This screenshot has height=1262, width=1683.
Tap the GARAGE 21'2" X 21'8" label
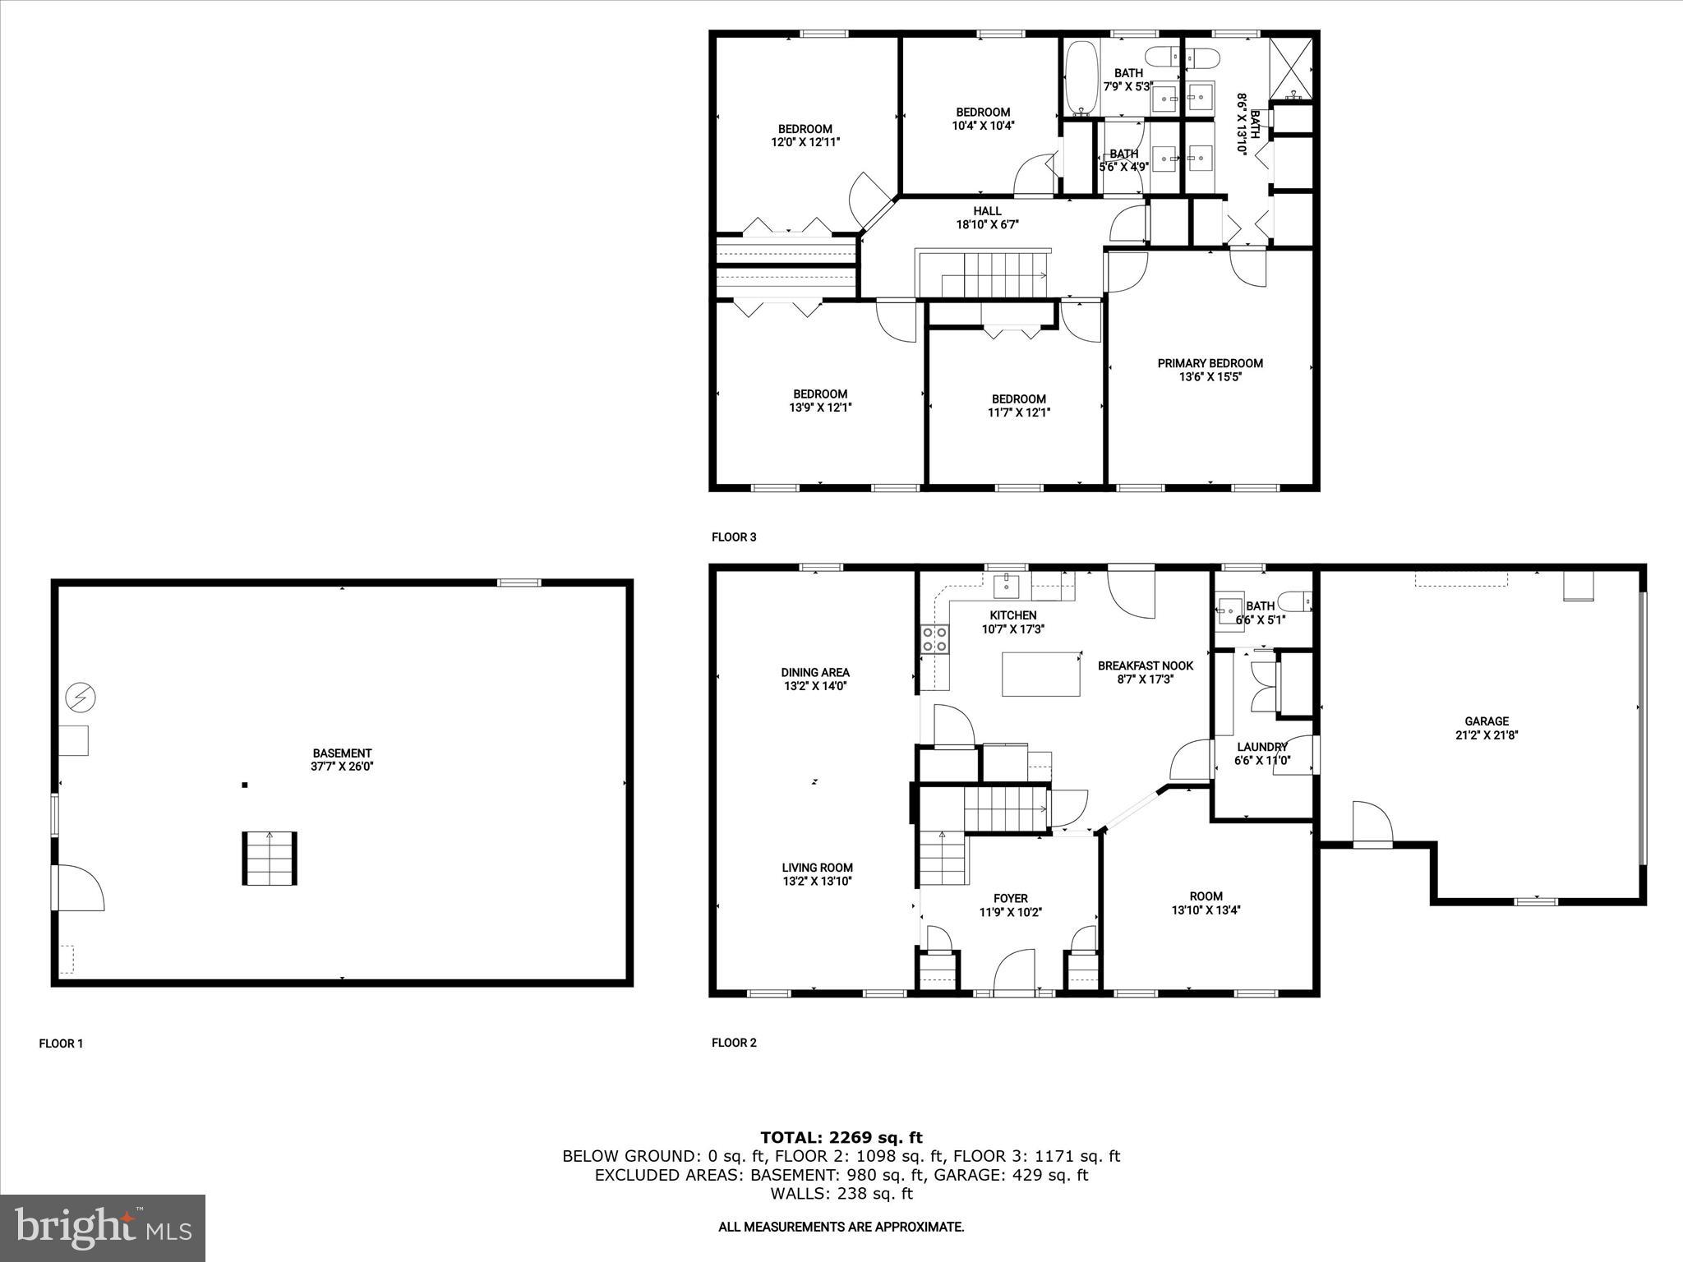pos(1486,728)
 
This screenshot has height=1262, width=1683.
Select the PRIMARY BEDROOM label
pos(1210,370)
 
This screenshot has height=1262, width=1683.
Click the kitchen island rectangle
pos(1040,674)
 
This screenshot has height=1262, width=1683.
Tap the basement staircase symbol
pos(269,859)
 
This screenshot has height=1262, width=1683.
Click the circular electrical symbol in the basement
pos(81,698)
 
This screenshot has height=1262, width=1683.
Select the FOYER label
pos(1010,905)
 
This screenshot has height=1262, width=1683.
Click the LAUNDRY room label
pos(1261,753)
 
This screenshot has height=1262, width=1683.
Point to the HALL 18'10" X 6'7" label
pos(987,218)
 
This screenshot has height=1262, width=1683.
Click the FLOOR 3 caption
pos(734,537)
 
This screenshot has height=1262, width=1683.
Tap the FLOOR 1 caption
pos(62,1043)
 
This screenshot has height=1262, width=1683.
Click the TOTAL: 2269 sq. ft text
pos(841,1138)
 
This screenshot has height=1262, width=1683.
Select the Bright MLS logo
pos(103,1227)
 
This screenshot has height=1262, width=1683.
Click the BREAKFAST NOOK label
pos(1145,672)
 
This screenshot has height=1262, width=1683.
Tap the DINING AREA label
pos(815,679)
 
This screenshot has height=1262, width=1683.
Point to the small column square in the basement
pos(245,785)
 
